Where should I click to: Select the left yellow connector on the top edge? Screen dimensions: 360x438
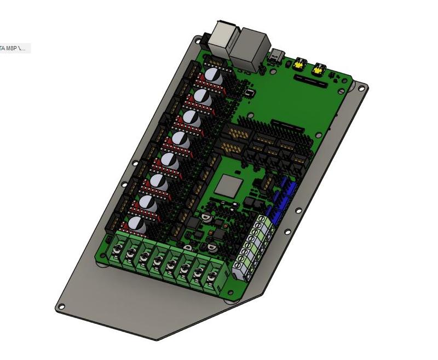pos(299,64)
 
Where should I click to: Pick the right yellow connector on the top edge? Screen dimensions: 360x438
pos(318,69)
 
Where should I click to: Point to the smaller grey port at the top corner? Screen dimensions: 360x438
pos(223,37)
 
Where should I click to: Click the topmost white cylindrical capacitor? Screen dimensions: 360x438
pos(214,77)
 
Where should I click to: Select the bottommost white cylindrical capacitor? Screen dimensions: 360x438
pos(137,225)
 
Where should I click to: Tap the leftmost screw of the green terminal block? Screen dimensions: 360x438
pos(117,253)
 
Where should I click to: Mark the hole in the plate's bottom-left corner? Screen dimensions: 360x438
pos(61,307)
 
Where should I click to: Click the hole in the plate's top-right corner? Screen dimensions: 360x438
pos(360,86)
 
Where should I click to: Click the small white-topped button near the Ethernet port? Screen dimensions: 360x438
pos(250,93)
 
